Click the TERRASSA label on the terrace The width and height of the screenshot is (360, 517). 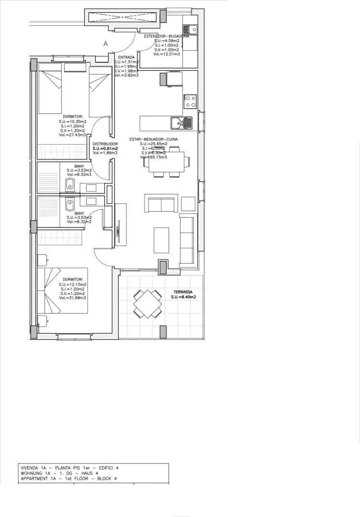click(183, 291)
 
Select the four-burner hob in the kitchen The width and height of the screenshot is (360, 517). click(190, 101)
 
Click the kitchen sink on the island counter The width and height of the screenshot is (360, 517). click(181, 123)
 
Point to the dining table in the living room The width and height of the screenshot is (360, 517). click(166, 162)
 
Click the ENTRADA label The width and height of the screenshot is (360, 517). click(126, 57)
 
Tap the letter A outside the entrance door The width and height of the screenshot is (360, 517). click(106, 44)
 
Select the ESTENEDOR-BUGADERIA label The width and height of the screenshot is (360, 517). click(166, 36)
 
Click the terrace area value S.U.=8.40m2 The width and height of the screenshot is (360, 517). click(183, 297)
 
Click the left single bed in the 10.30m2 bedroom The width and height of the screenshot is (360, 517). click(50, 92)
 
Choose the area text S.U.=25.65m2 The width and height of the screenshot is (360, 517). click(154, 144)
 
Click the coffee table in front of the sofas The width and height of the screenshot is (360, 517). click(161, 240)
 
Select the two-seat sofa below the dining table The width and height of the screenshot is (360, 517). click(161, 203)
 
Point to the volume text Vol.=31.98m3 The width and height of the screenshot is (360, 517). click(72, 298)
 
